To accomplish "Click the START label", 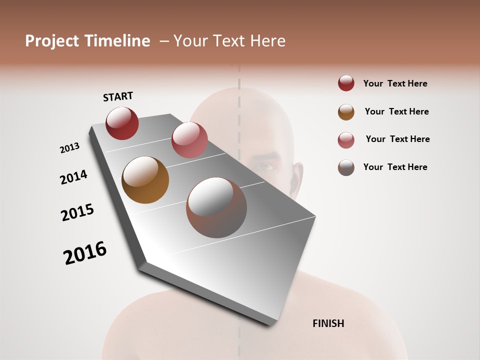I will click(x=118, y=96).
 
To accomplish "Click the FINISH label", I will click(x=328, y=323).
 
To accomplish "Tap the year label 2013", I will click(x=70, y=148).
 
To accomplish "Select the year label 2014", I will click(x=73, y=177).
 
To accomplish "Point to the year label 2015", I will click(x=77, y=212).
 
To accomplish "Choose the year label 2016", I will click(x=85, y=253).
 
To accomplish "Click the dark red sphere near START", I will click(x=122, y=123).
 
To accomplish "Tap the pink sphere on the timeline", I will click(x=189, y=139).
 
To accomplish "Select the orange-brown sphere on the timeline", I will click(x=145, y=180).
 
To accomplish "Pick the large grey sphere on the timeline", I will click(x=216, y=207).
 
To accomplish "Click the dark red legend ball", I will click(x=346, y=83).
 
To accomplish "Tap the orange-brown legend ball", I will click(x=346, y=112).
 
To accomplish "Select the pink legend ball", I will click(x=346, y=140).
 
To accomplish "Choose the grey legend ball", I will click(x=346, y=167).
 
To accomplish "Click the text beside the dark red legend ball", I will click(x=395, y=84).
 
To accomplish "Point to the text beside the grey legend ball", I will click(x=395, y=167).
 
